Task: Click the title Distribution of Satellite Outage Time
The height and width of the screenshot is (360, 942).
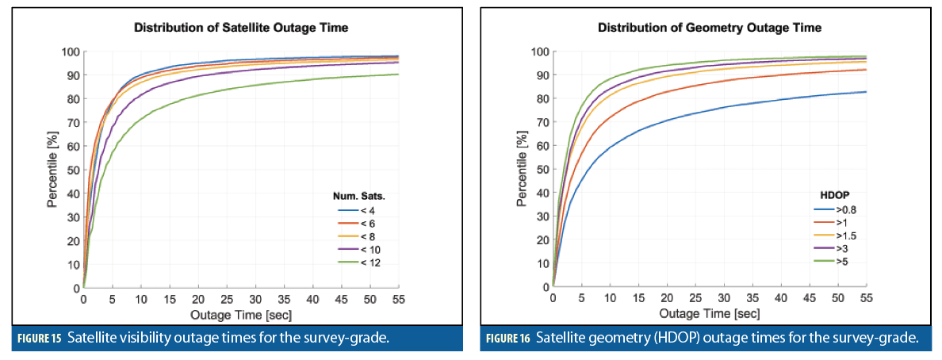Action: (x=241, y=29)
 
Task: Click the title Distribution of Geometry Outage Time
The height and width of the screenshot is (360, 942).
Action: (x=709, y=29)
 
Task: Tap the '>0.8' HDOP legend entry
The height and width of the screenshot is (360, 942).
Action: (x=832, y=210)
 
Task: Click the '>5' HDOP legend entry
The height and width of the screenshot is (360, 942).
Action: (x=828, y=260)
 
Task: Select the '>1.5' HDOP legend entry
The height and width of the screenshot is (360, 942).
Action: (x=832, y=235)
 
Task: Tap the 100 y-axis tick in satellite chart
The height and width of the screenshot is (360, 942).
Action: (x=71, y=52)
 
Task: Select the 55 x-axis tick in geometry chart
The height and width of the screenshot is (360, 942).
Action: (x=866, y=300)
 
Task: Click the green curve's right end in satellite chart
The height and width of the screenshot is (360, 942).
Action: (x=397, y=75)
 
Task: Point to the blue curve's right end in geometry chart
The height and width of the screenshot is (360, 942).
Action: (x=865, y=92)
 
